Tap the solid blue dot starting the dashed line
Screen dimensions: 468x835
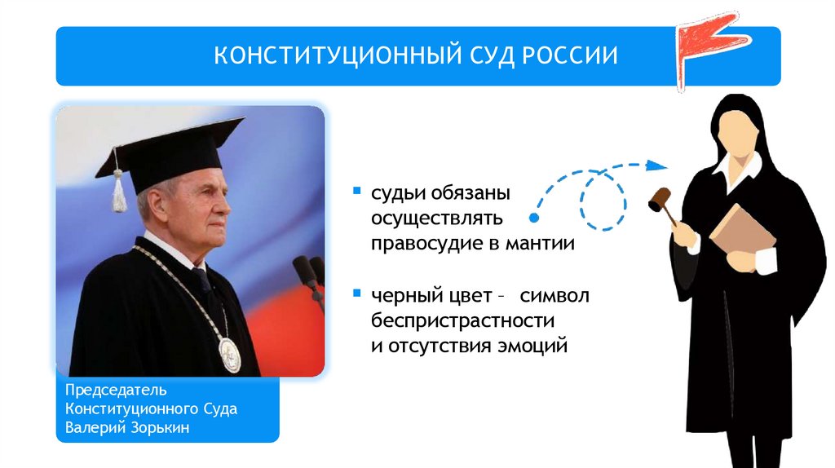533,219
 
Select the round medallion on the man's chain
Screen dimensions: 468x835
230,355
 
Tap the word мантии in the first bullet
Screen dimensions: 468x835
541,243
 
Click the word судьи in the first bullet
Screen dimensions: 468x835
396,194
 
